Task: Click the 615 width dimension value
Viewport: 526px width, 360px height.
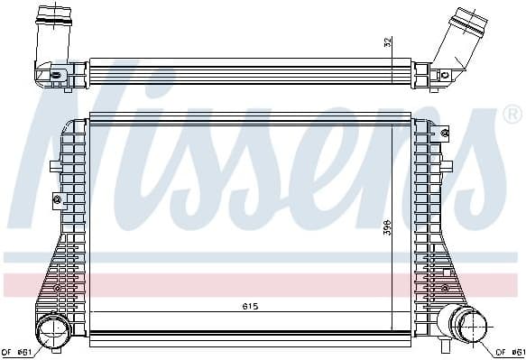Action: pos(250,307)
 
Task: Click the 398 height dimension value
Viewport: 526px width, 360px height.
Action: pos(387,227)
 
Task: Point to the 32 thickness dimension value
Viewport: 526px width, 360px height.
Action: pos(388,42)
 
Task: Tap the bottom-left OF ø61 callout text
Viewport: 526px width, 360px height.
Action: pos(16,352)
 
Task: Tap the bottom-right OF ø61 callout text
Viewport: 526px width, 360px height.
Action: pos(511,352)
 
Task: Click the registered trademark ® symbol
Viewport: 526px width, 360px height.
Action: pos(512,115)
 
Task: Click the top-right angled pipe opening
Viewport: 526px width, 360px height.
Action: pos(470,20)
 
